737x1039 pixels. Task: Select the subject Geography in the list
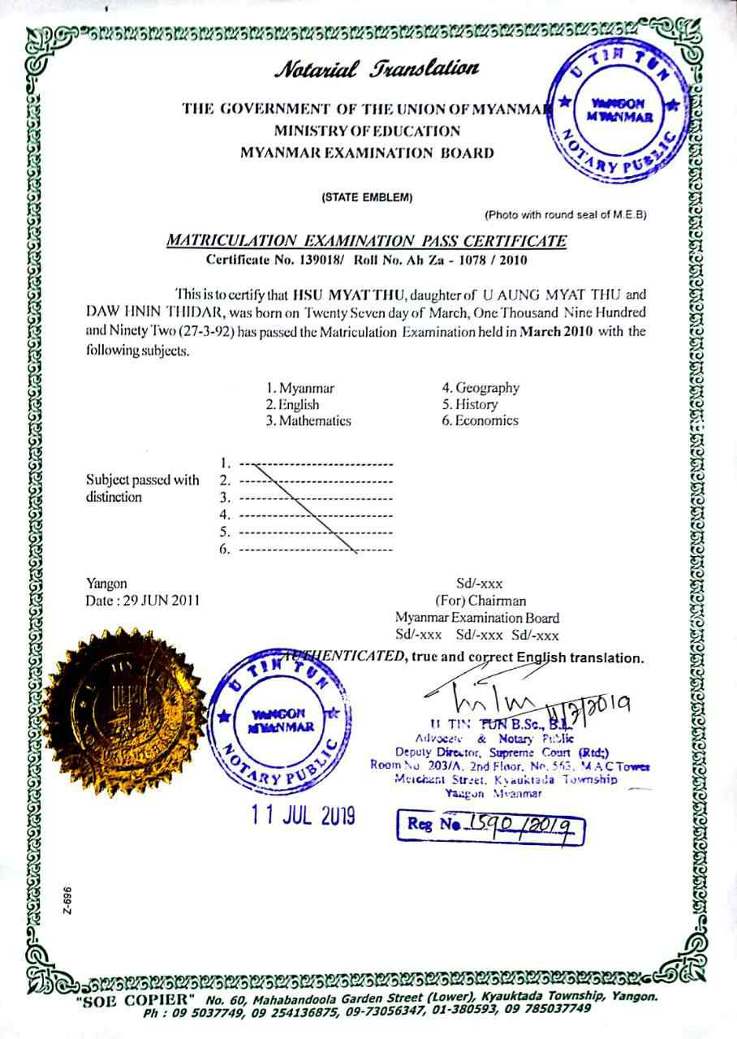tap(481, 388)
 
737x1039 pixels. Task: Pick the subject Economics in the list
tap(480, 420)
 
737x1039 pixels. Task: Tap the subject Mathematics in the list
tap(308, 420)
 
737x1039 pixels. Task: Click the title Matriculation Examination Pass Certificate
tap(367, 240)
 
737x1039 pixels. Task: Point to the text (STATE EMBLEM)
tap(367, 197)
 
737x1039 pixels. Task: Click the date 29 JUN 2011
tap(142, 601)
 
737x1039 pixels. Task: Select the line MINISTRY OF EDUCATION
tap(367, 131)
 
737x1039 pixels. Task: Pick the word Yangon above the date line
tap(106, 583)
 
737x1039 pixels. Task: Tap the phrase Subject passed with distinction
tap(142, 488)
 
